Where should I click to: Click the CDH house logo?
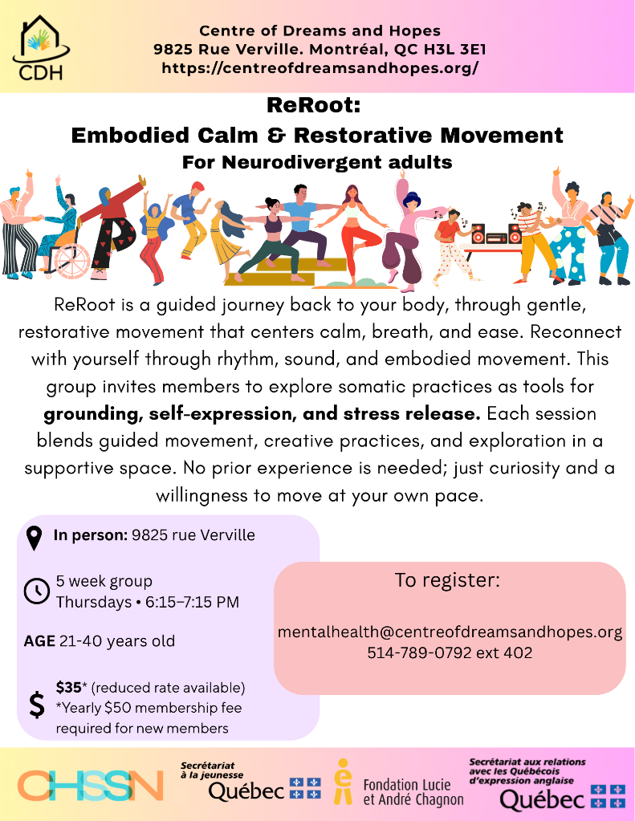click(42, 48)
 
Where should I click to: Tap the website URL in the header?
click(320, 68)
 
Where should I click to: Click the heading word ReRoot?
click(314, 104)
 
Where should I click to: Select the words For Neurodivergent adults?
click(317, 162)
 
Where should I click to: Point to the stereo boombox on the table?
click(495, 234)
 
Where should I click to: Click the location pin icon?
click(34, 539)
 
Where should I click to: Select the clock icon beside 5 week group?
click(37, 591)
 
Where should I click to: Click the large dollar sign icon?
click(37, 705)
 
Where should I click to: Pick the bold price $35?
click(68, 687)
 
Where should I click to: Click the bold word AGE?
click(39, 641)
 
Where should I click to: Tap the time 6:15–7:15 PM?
click(193, 602)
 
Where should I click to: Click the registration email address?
click(450, 632)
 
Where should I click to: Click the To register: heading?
click(447, 580)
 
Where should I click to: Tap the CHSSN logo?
click(90, 785)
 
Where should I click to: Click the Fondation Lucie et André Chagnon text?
click(413, 792)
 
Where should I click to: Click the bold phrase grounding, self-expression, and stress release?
click(262, 413)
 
